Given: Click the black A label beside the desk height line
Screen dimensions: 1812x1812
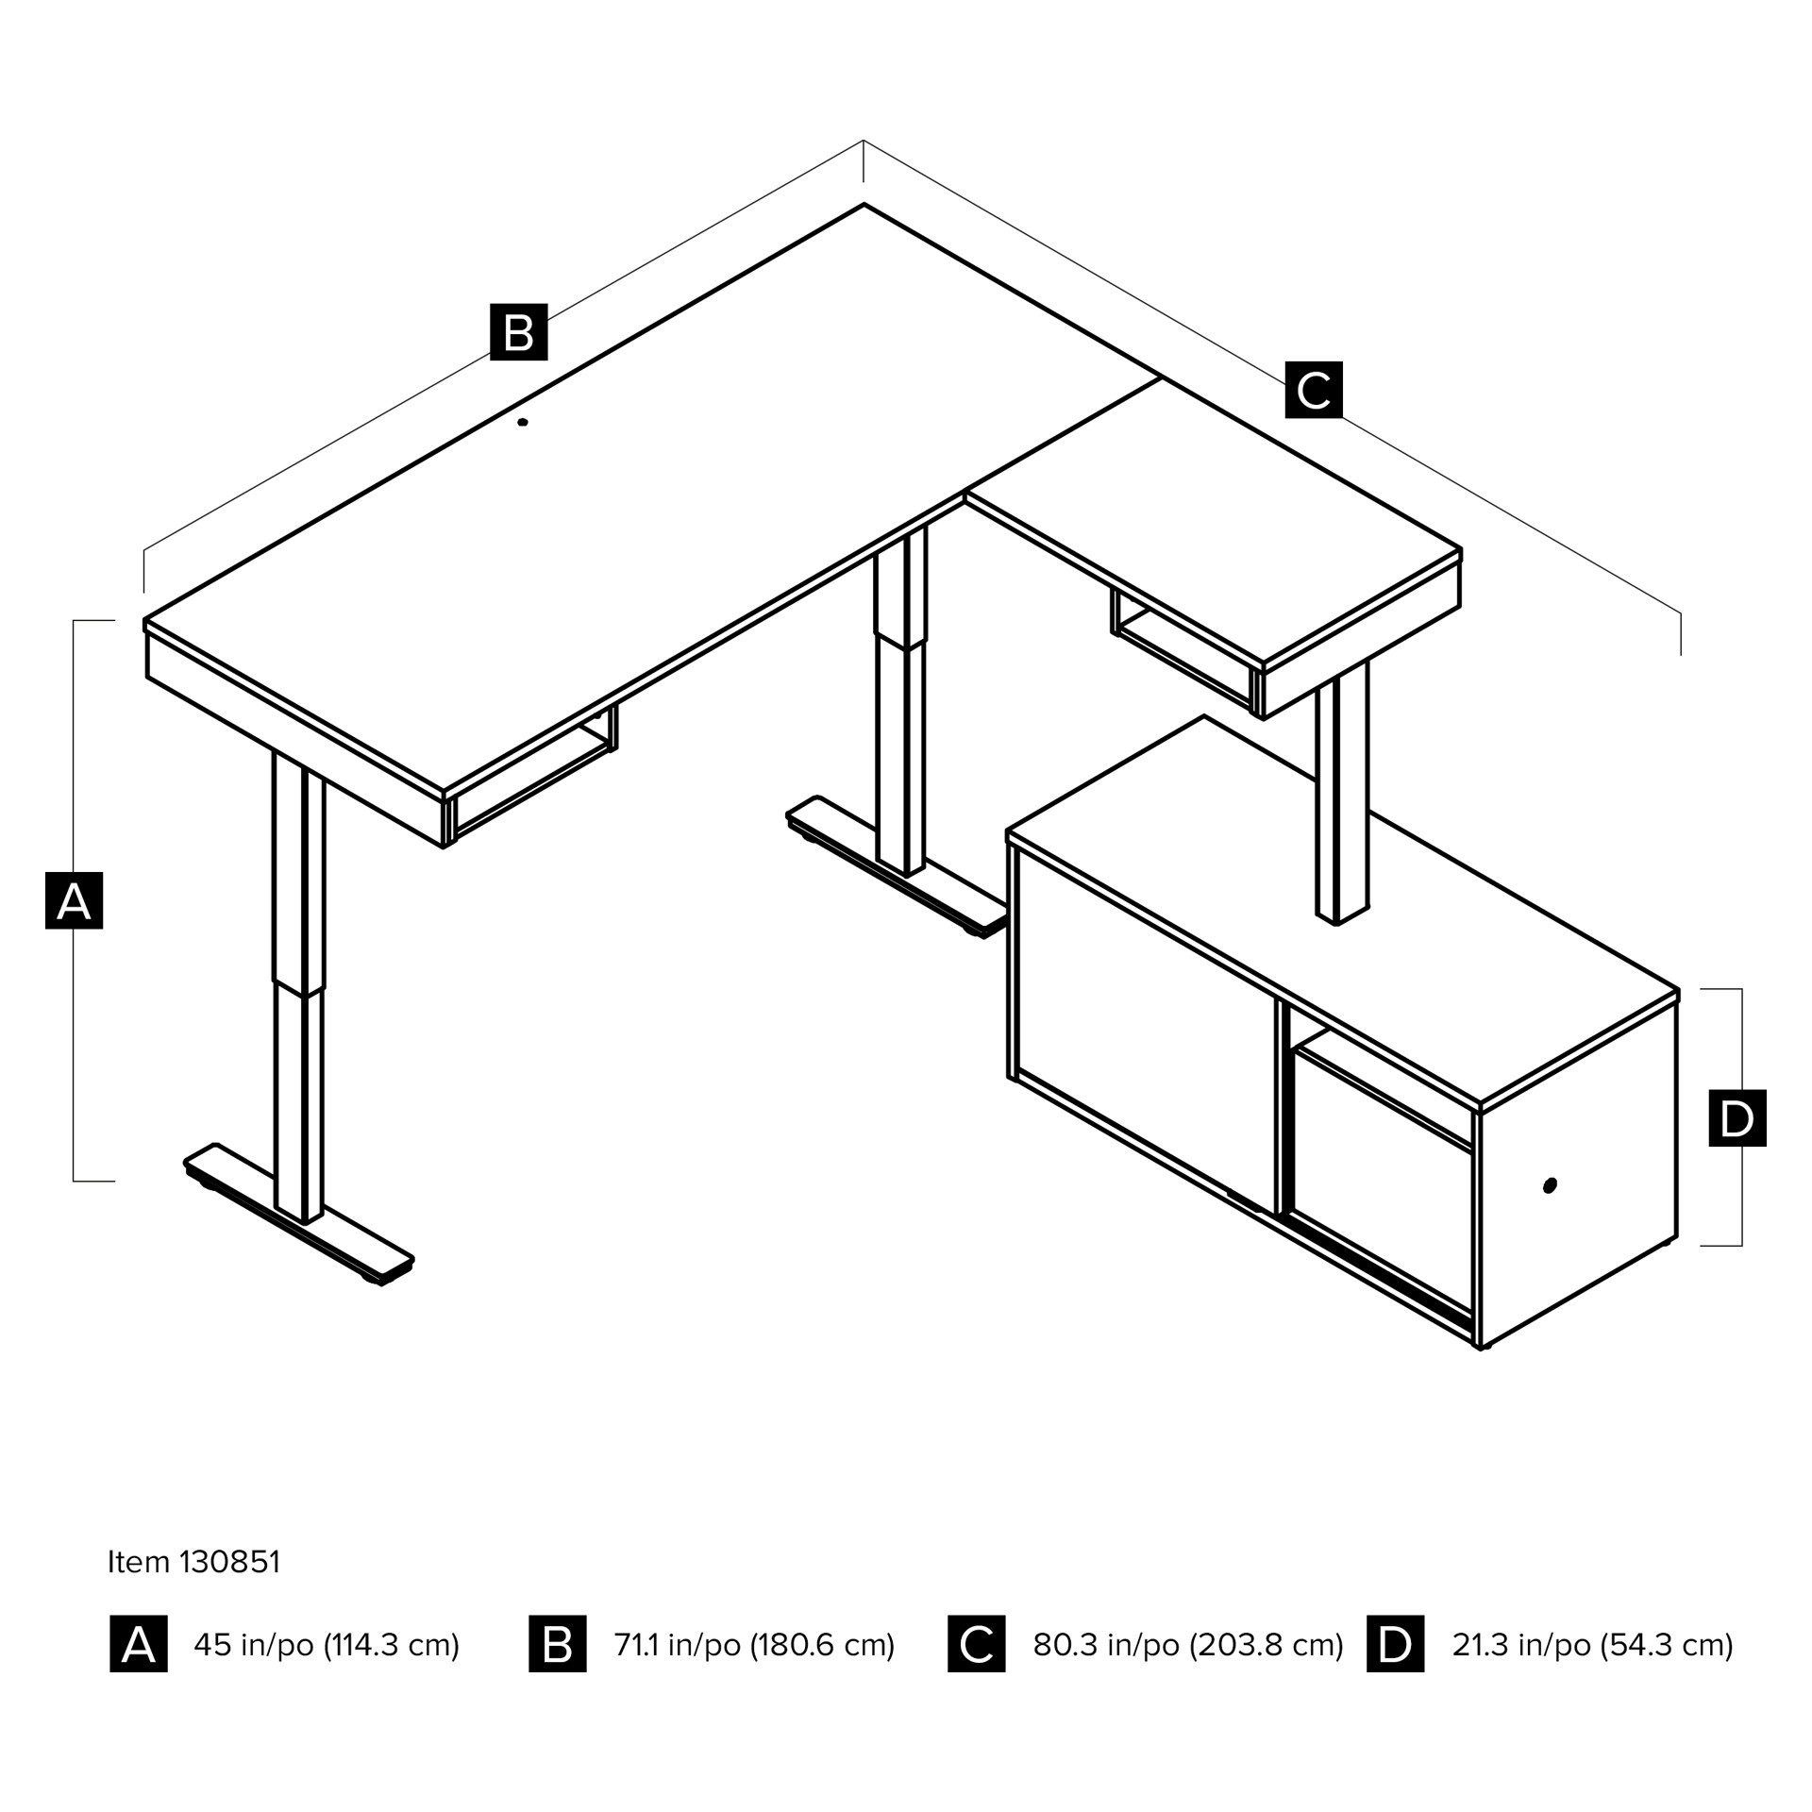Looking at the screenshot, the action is click(x=74, y=900).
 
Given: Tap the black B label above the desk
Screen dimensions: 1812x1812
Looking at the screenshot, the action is click(x=518, y=331).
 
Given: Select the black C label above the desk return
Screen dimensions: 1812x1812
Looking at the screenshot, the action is click(x=1314, y=389).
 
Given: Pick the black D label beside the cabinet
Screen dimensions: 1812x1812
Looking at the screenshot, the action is click(x=1737, y=1118).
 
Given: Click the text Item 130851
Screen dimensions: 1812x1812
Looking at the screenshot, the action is click(x=193, y=1562).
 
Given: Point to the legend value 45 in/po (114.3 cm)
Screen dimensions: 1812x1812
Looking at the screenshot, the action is click(x=327, y=1645).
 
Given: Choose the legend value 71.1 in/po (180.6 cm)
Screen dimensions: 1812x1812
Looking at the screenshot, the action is click(x=754, y=1645).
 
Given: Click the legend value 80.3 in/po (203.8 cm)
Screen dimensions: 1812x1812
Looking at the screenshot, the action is click(x=1188, y=1645).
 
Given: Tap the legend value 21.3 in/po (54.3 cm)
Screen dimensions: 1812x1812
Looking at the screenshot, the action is click(x=1593, y=1645).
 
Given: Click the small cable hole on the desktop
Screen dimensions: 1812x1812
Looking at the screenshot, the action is click(x=523, y=422).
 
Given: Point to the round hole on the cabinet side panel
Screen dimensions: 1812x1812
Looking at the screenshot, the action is click(x=1550, y=1185).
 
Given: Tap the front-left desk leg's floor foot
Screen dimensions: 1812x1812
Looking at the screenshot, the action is click(x=299, y=1215).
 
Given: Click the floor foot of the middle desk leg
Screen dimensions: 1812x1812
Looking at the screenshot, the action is click(x=897, y=866).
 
